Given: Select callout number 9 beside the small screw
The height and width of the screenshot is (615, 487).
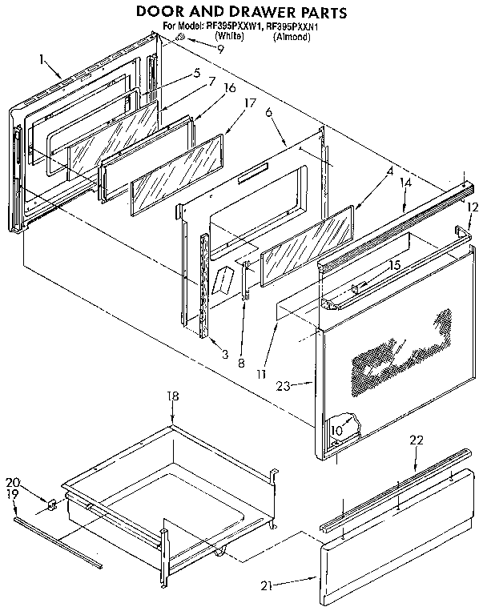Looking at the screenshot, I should coord(219,48).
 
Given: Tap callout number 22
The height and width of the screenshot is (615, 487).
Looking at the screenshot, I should coord(415,441).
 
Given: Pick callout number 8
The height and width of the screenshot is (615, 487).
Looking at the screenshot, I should coord(240,363).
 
